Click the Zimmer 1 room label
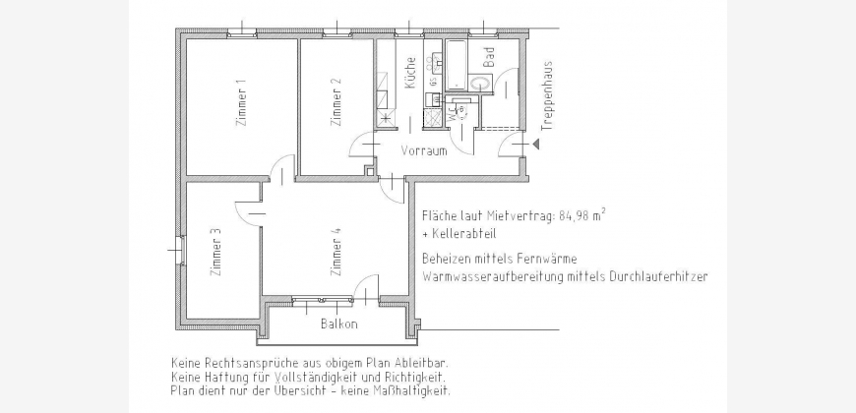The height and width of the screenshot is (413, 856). pyautogui.click(x=241, y=103)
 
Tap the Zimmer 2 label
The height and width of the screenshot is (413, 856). pyautogui.click(x=336, y=102)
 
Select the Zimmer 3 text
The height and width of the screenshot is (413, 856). pyautogui.click(x=216, y=252)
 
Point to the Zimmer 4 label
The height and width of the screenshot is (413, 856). pyautogui.click(x=336, y=252)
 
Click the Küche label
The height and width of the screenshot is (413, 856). pyautogui.click(x=410, y=73)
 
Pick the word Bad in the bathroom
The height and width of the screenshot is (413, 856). pyautogui.click(x=489, y=57)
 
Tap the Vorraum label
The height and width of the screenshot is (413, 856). pyautogui.click(x=424, y=150)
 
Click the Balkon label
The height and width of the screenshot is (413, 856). pyautogui.click(x=339, y=324)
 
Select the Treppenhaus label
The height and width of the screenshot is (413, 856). pyautogui.click(x=548, y=95)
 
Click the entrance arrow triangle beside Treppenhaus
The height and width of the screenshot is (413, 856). pyautogui.click(x=536, y=144)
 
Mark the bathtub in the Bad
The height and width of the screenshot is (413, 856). pyautogui.click(x=456, y=65)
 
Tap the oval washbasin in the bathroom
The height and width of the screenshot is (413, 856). pyautogui.click(x=480, y=84)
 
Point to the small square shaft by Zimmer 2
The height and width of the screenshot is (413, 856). pyautogui.click(x=371, y=171)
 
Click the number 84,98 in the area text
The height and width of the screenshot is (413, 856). pyautogui.click(x=575, y=216)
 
